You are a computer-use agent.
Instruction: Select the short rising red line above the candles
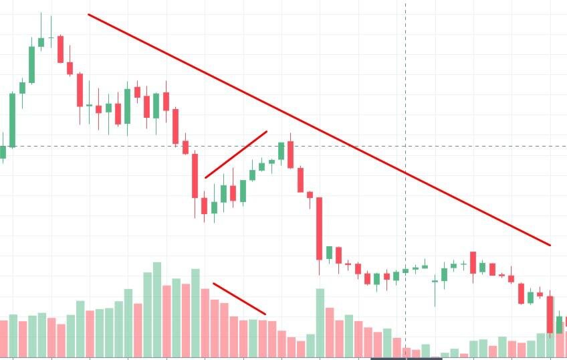(x=236, y=155)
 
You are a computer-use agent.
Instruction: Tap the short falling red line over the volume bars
(x=239, y=298)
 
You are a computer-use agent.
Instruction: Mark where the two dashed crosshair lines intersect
(x=406, y=146)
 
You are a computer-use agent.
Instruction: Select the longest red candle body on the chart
(x=320, y=228)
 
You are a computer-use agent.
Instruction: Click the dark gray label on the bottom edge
(x=406, y=358)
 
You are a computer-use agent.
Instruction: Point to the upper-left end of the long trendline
(x=89, y=15)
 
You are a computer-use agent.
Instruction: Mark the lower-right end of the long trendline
(x=550, y=245)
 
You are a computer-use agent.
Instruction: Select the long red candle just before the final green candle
(x=550, y=314)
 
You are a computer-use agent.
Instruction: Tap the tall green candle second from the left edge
(x=12, y=119)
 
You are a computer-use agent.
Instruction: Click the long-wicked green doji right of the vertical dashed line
(x=435, y=282)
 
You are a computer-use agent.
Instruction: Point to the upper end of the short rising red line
(x=266, y=132)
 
